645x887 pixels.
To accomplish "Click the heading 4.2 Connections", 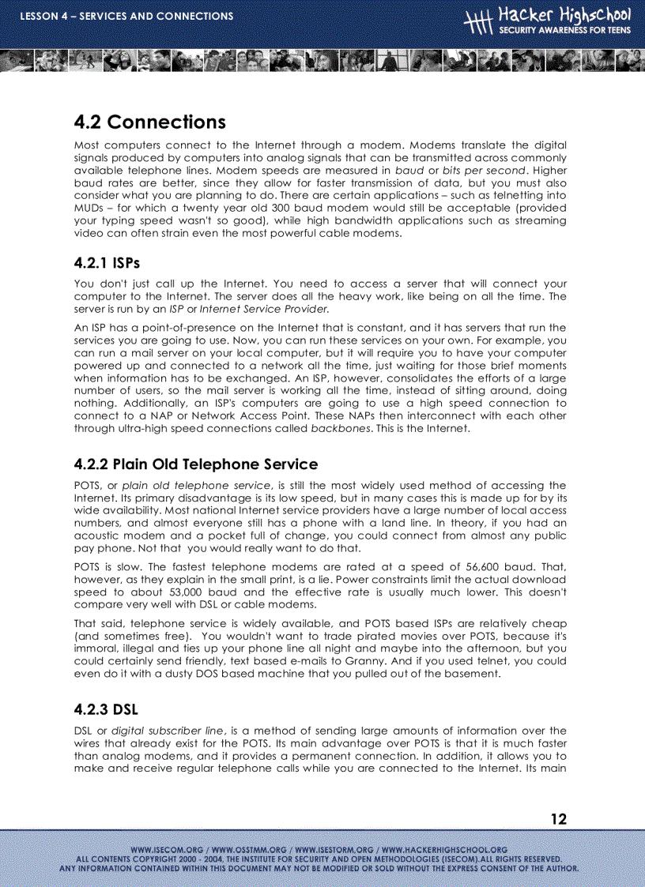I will click(x=149, y=122).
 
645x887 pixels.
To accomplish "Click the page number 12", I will click(x=558, y=819).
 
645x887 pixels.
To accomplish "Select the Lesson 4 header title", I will click(x=126, y=16).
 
